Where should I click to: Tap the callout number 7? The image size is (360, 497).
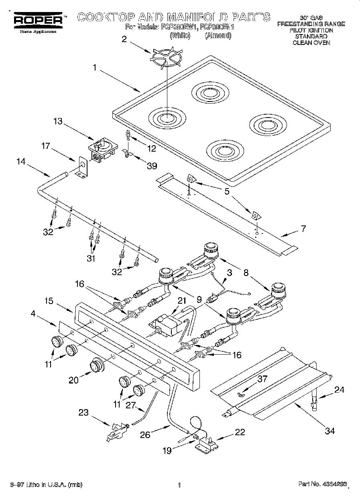point(303,229)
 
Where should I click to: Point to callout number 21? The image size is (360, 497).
point(182,300)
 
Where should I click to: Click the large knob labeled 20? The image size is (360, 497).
point(97,365)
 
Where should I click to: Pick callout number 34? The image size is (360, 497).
point(329,431)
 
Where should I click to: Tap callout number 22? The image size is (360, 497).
point(240,432)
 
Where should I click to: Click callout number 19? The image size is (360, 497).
point(167,450)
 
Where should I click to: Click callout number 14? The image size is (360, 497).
point(21,162)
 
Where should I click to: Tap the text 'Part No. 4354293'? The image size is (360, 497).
point(322,485)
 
